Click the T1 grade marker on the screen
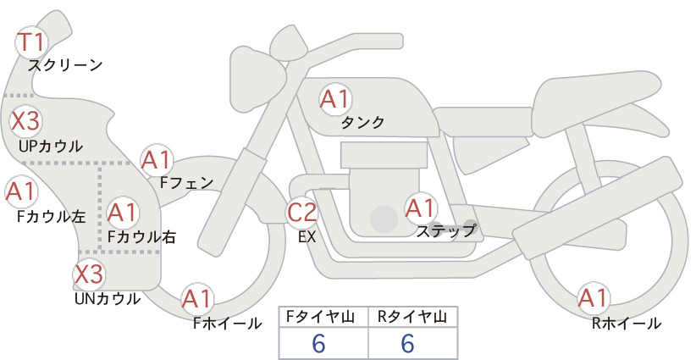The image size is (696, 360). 31,42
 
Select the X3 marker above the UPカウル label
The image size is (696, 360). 25,121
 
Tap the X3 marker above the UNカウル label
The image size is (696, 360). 89,274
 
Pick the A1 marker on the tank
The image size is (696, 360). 335,99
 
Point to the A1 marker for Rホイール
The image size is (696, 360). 593,298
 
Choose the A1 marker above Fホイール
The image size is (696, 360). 196,299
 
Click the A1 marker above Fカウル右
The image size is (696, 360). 123,213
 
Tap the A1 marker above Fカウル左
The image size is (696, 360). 21,191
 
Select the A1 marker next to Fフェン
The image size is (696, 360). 157,160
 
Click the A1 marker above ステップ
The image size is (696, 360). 420,208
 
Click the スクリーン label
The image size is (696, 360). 65,65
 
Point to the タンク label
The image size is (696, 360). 362,122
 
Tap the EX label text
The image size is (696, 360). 307,237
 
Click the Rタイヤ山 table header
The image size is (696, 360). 412,317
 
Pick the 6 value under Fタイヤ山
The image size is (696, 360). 318,343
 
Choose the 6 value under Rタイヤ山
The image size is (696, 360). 407,343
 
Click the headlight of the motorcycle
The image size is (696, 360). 257,80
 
